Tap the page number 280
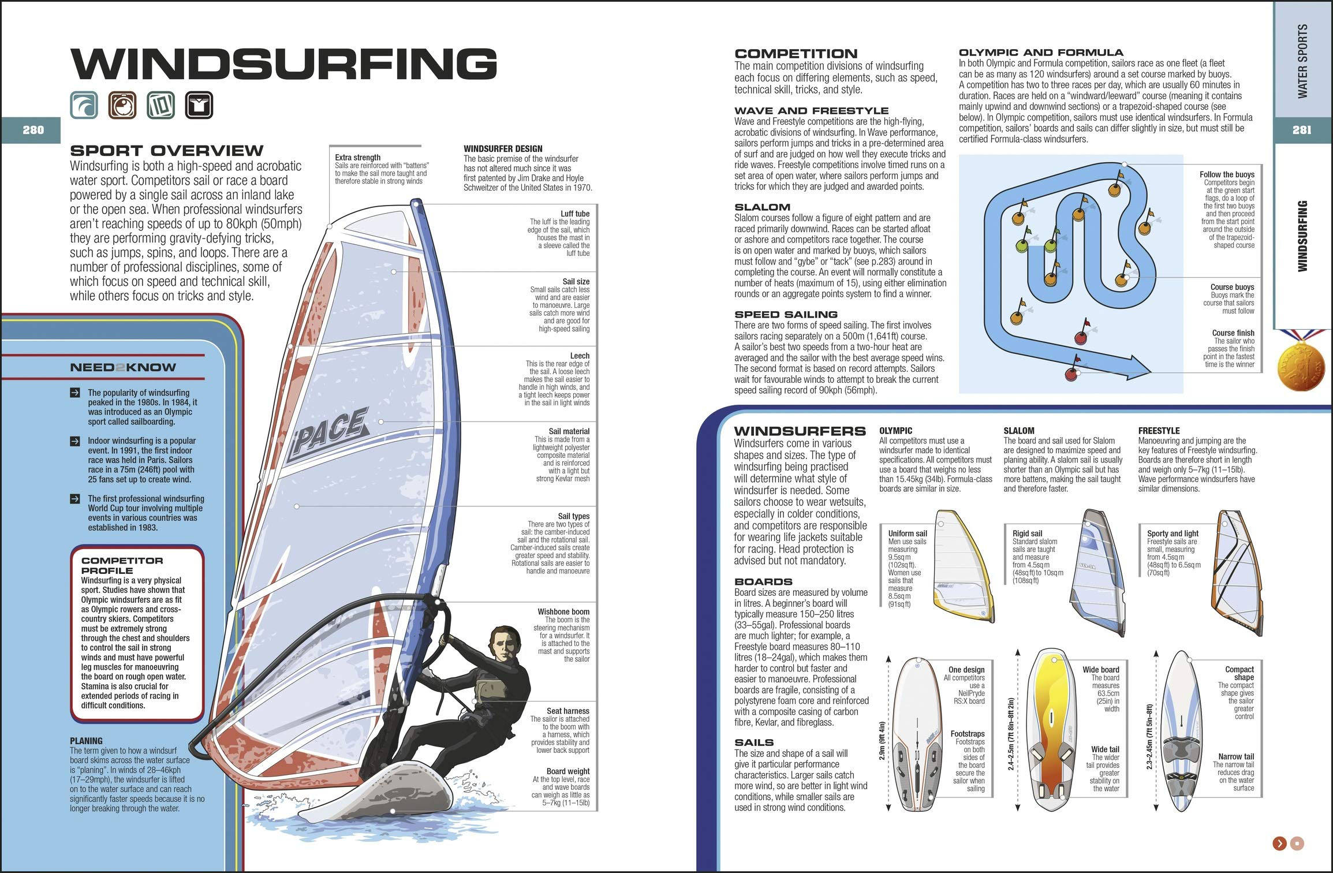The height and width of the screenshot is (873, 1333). point(33,130)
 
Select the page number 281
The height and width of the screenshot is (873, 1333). point(1301,130)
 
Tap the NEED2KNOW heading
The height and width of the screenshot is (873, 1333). point(123,367)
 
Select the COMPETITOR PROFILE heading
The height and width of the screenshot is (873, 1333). point(122,565)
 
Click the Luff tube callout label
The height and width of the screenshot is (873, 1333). point(574,214)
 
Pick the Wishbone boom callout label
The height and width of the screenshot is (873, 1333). point(563,611)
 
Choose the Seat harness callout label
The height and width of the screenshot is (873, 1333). point(567,711)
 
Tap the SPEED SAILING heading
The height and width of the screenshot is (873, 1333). point(786,314)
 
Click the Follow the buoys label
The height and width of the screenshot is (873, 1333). point(1226,174)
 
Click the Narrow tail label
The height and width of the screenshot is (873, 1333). point(1235,756)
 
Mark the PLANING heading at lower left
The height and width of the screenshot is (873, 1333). point(86,741)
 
